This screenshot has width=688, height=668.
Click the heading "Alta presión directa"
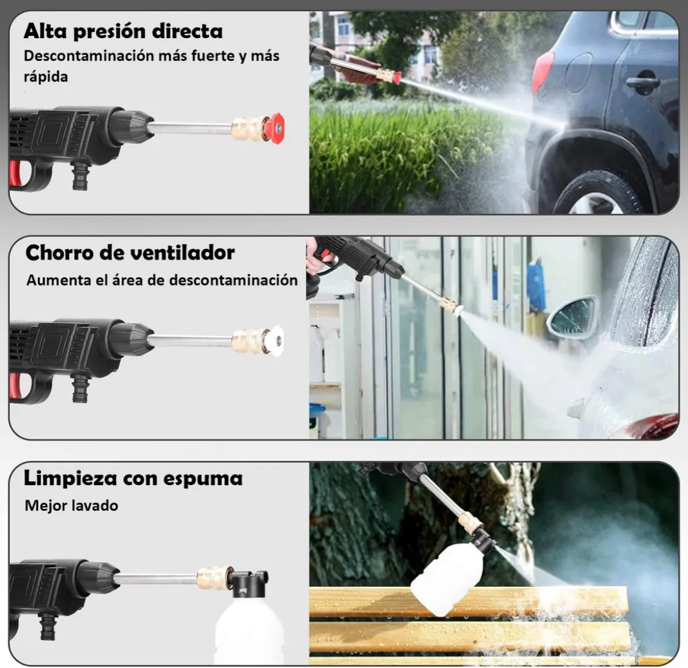[123, 32]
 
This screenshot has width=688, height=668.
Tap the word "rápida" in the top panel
[46, 77]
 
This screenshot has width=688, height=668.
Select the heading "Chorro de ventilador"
[130, 252]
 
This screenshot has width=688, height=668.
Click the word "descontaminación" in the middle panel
[233, 280]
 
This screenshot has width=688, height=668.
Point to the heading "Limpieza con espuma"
[133, 479]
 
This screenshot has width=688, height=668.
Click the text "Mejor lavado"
[71, 505]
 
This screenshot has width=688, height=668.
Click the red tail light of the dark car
[542, 72]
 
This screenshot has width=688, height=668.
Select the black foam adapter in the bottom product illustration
[248, 583]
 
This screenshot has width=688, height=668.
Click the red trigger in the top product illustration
[15, 173]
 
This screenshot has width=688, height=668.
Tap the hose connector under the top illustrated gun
[80, 175]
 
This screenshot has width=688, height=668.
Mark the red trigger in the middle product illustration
[15, 386]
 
